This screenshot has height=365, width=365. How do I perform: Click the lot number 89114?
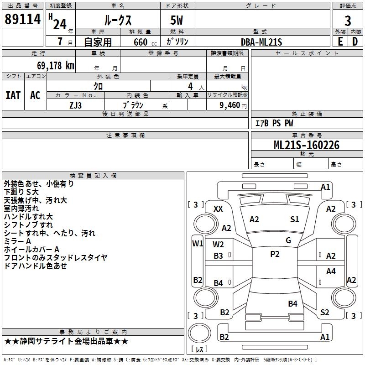pos(22,20)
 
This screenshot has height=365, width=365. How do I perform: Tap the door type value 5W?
pos(177,21)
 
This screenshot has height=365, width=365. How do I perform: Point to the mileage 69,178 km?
pos(52,66)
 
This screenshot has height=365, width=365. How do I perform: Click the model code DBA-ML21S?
pos(261,42)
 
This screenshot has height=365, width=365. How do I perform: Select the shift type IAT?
pos(13,95)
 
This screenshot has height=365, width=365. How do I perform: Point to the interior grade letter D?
pos(355,42)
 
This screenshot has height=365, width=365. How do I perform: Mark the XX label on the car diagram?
pos(218,209)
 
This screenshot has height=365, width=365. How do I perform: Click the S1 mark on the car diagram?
pos(295,219)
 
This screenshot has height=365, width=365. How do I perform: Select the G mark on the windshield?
pos(288,240)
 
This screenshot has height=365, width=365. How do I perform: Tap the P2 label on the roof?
pos(275,254)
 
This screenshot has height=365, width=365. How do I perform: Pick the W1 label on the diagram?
pos(197,243)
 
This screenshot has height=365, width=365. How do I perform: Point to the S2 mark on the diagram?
pos(324,313)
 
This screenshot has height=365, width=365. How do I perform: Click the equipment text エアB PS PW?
pos(274,124)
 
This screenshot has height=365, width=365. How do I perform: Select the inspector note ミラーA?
pos(17,241)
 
